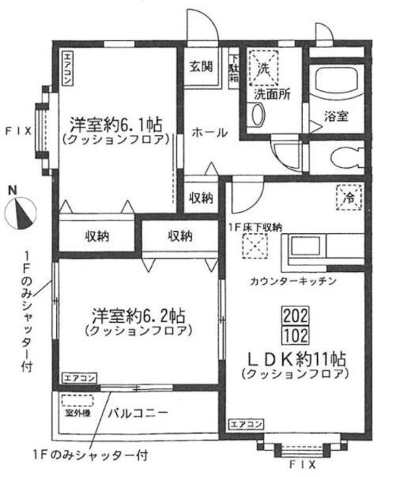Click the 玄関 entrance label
click(202, 66)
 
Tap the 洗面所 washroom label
click(273, 95)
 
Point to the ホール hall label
click(209, 132)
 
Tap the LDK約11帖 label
click(296, 357)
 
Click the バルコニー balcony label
click(141, 411)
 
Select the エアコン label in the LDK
click(246, 424)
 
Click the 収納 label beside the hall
click(200, 198)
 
